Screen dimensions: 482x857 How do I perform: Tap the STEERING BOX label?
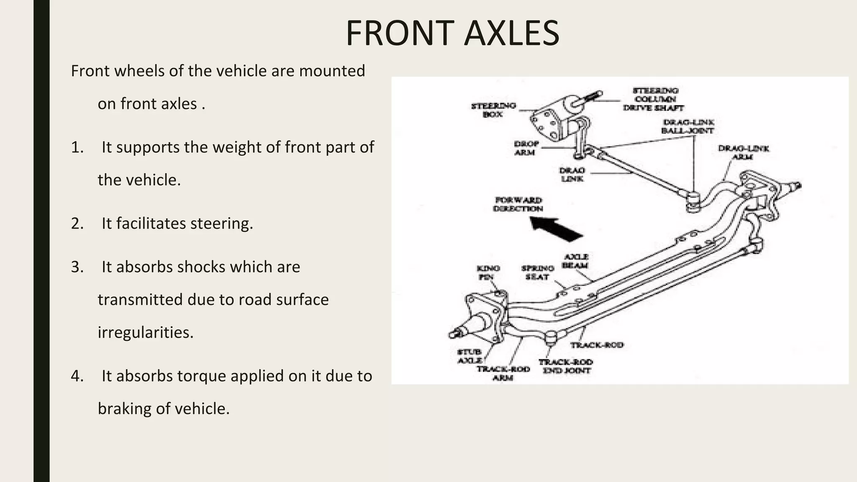pyautogui.click(x=493, y=110)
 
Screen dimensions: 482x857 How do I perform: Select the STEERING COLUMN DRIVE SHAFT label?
pyautogui.click(x=654, y=99)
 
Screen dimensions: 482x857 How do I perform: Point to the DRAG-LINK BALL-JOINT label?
pyautogui.click(x=688, y=126)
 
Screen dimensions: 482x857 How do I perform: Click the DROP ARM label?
pyautogui.click(x=526, y=148)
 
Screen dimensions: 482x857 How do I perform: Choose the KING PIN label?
pyautogui.click(x=488, y=272)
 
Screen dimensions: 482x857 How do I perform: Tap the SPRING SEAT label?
pyautogui.click(x=537, y=272)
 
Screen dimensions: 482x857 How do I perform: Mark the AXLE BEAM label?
pyautogui.click(x=576, y=261)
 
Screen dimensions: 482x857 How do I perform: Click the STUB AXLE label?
pyautogui.click(x=470, y=356)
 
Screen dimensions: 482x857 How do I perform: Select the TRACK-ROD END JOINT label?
pyautogui.click(x=566, y=366)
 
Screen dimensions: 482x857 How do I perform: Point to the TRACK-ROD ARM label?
pyautogui.click(x=503, y=373)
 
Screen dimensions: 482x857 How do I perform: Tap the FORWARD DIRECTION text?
pyautogui.click(x=518, y=204)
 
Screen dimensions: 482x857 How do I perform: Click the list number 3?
pyautogui.click(x=77, y=267)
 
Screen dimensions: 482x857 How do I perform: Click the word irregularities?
pyautogui.click(x=145, y=332)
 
